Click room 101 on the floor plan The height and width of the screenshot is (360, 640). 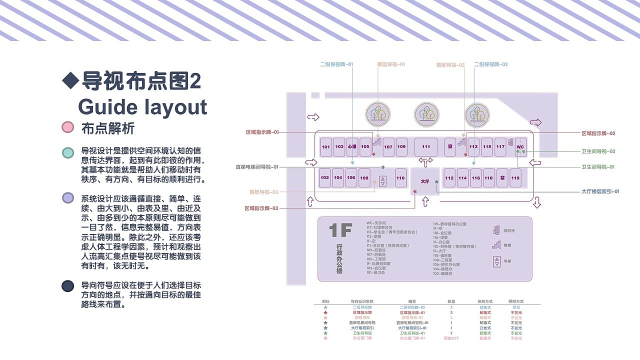pyautogui.click(x=326, y=147)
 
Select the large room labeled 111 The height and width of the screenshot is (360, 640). pyautogui.click(x=425, y=147)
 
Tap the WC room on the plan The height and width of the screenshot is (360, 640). pyautogui.click(x=520, y=147)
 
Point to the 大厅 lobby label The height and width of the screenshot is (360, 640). pyautogui.click(x=425, y=181)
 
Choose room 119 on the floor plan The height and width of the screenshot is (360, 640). pyautogui.click(x=515, y=178)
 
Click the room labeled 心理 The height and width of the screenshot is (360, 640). pyautogui.click(x=352, y=147)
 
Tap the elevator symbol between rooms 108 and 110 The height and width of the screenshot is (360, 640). pyautogui.click(x=382, y=180)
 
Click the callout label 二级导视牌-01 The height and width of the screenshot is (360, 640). pyautogui.click(x=336, y=64)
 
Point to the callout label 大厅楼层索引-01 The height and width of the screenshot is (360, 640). pyautogui.click(x=600, y=191)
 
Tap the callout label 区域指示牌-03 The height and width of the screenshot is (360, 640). pyautogui.click(x=261, y=208)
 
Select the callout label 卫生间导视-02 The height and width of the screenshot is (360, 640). pyautogui.click(x=598, y=151)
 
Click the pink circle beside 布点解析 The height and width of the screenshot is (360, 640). pyautogui.click(x=67, y=127)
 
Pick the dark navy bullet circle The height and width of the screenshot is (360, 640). pyautogui.click(x=67, y=286)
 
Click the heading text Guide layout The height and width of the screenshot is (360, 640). pyautogui.click(x=142, y=107)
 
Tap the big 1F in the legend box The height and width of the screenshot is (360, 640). pyautogui.click(x=341, y=230)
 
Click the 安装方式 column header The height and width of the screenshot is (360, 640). pyautogui.click(x=485, y=301)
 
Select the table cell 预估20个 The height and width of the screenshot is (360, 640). pyautogui.click(x=451, y=338)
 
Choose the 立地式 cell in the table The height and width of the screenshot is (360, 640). pyautogui.click(x=485, y=328)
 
